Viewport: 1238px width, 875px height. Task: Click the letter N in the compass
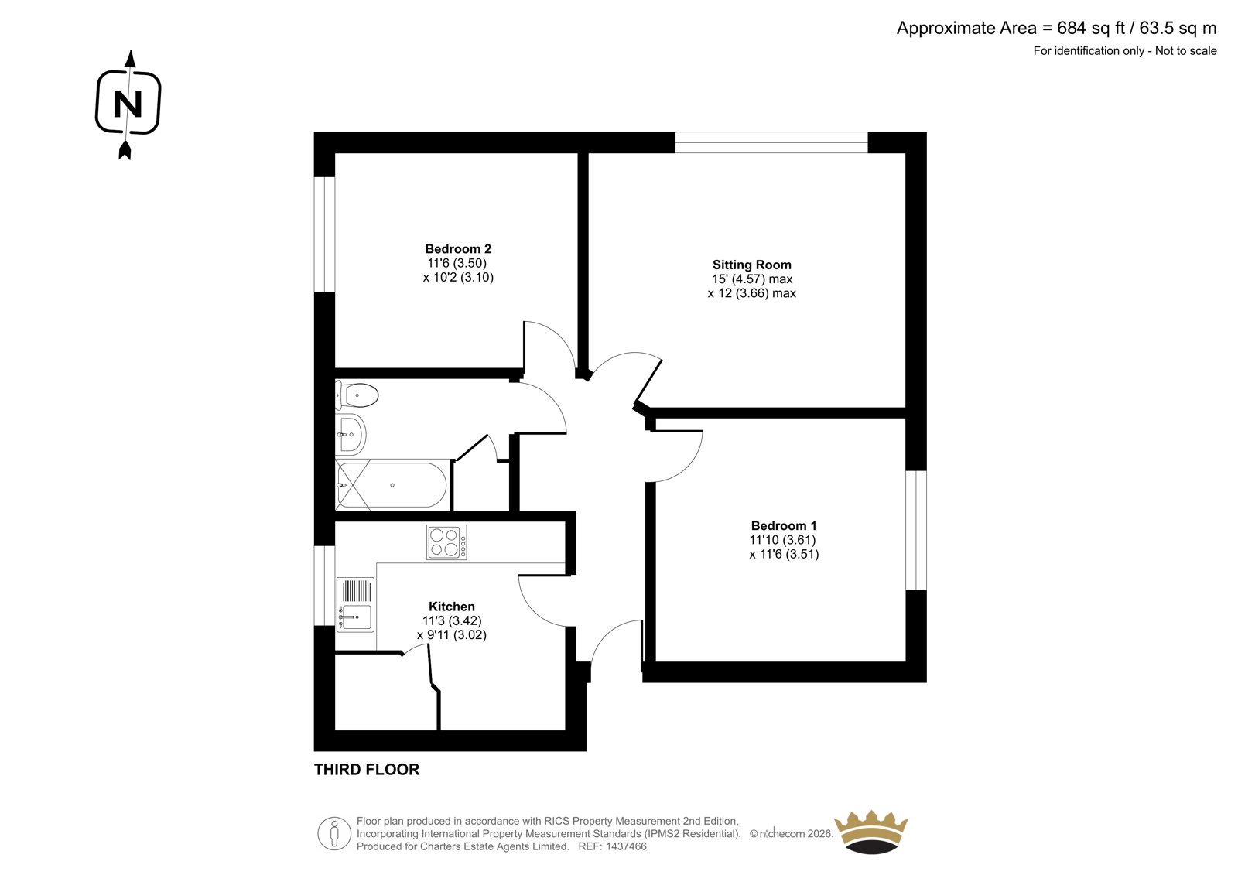point(128,104)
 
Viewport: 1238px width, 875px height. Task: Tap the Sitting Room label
point(751,265)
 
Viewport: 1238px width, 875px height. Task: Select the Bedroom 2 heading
point(457,249)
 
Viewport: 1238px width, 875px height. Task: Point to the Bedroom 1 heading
point(783,525)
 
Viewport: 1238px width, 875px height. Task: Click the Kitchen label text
point(452,607)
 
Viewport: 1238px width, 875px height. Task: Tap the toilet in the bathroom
point(357,395)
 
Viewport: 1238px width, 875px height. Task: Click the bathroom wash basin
point(351,435)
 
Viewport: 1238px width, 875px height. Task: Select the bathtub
point(392,485)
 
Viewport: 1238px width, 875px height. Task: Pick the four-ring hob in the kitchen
point(446,542)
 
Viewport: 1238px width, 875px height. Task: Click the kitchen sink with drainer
point(356,605)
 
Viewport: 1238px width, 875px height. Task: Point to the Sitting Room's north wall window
point(771,142)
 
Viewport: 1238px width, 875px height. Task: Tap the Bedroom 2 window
point(324,234)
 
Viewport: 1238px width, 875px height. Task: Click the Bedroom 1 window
point(916,530)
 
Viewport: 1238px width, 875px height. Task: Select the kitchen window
point(324,586)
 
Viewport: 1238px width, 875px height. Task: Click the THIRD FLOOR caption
point(367,770)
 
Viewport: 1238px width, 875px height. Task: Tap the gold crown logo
point(871,832)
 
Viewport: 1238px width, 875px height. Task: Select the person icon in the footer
point(333,833)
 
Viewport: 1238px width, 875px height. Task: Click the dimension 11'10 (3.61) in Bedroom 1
point(782,540)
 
